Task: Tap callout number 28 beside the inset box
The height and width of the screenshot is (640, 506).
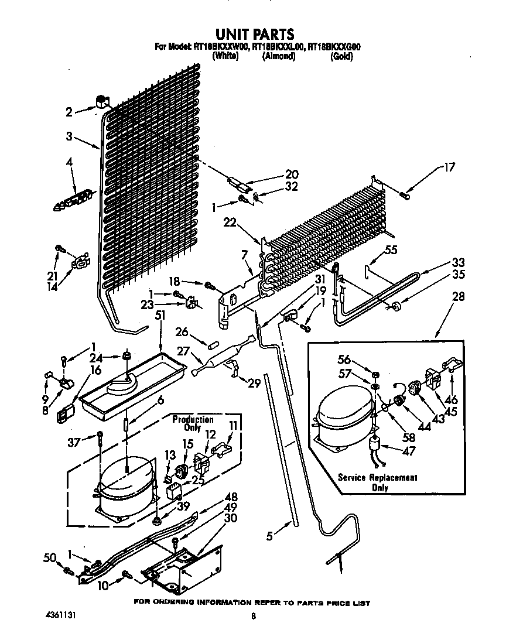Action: (x=459, y=297)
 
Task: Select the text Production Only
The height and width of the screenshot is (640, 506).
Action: (x=193, y=423)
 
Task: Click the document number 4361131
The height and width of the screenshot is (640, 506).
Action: (x=61, y=615)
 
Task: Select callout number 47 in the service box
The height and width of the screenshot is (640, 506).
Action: (x=410, y=452)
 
